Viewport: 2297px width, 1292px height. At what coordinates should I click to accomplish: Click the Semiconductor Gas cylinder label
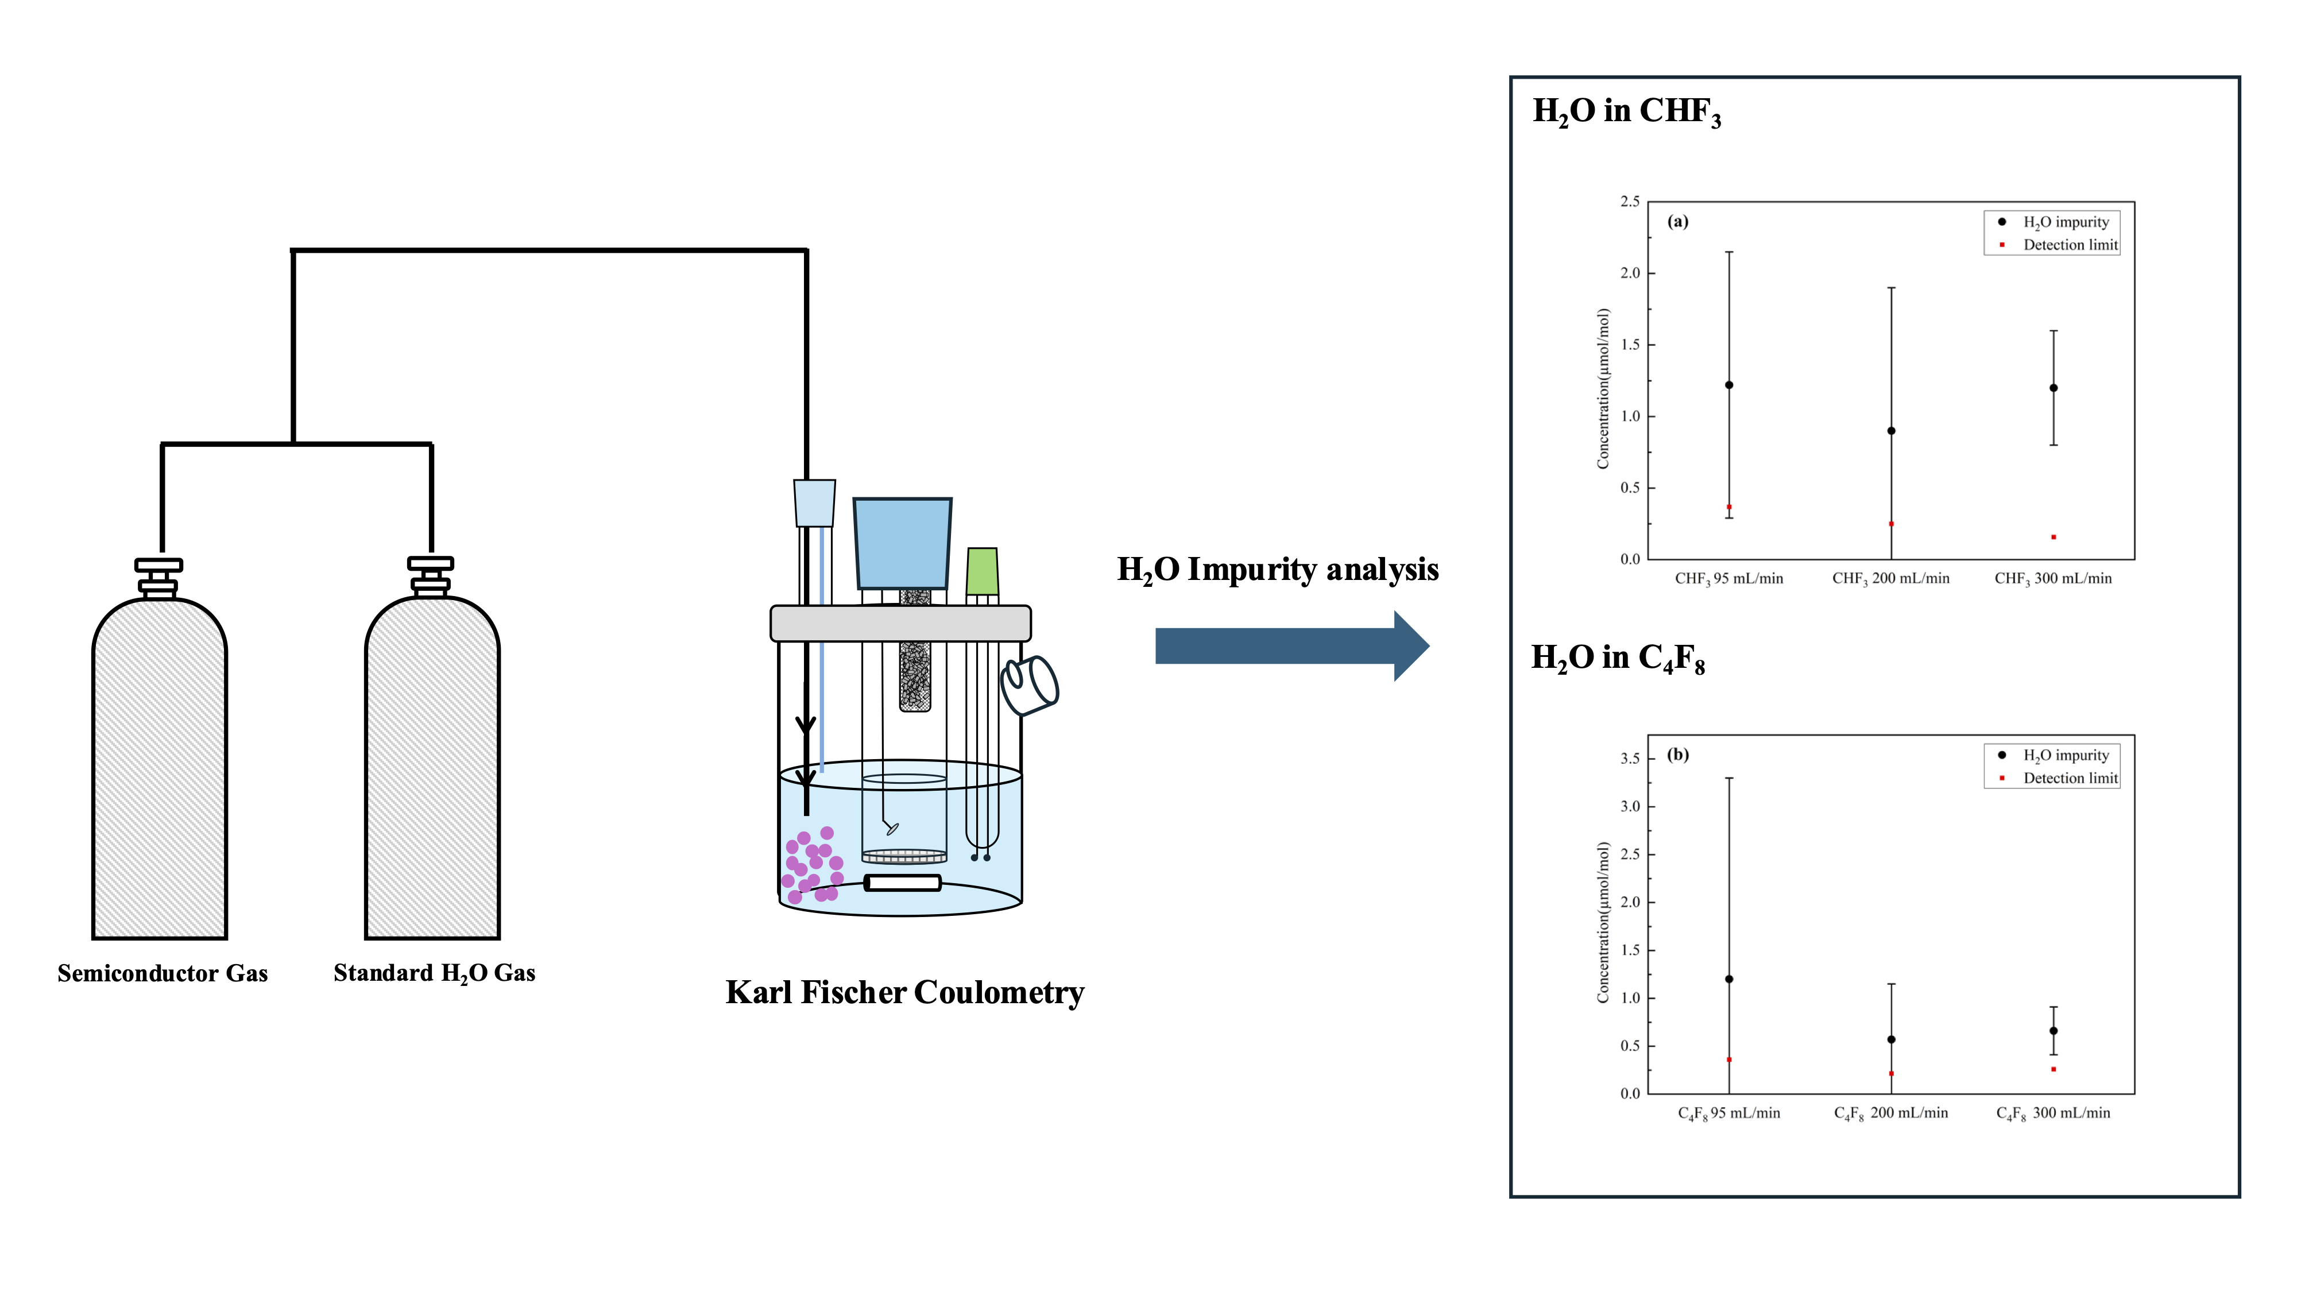pos(163,973)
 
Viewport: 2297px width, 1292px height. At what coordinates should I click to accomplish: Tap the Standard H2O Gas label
pos(434,973)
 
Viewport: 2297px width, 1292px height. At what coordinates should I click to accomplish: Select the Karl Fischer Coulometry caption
pos(904,992)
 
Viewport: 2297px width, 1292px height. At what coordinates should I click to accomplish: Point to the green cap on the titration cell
pos(982,571)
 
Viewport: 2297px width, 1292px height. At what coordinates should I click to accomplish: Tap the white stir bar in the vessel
pos(902,883)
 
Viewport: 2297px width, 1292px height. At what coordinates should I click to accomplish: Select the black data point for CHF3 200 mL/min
pos(1891,431)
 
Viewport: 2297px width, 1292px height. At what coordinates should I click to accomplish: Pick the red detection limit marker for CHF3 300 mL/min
pos(2054,537)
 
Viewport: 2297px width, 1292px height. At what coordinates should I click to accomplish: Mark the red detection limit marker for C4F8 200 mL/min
pos(1891,1074)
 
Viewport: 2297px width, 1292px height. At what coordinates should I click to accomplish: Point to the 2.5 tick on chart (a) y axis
pos(1630,202)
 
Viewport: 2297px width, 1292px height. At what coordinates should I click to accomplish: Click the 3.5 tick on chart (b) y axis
pos(1630,759)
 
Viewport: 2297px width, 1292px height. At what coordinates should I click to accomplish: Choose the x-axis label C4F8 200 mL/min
pos(1890,1113)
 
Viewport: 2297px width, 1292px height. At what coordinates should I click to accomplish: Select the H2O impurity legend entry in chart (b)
pos(2065,755)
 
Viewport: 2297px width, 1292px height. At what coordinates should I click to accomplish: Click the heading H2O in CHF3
pos(1626,111)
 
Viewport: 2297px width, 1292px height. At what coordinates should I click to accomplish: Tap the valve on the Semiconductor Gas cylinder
pos(158,577)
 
